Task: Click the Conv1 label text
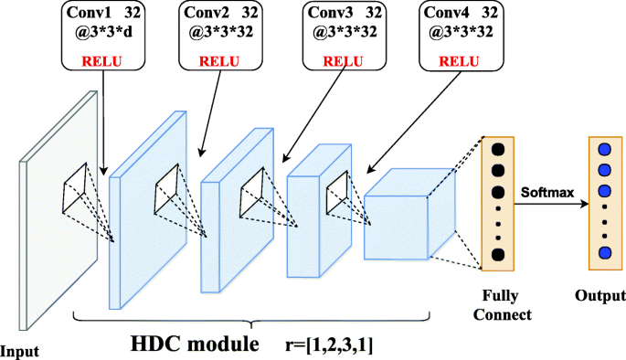[89, 13]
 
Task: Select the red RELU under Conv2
[219, 61]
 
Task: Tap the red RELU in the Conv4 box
[459, 61]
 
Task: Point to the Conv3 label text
[330, 13]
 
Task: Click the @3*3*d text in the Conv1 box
[103, 32]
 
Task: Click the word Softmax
[547, 193]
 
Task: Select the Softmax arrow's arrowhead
[585, 204]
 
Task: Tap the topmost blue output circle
[605, 150]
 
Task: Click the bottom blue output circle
[605, 253]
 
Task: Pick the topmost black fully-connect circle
[498, 150]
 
